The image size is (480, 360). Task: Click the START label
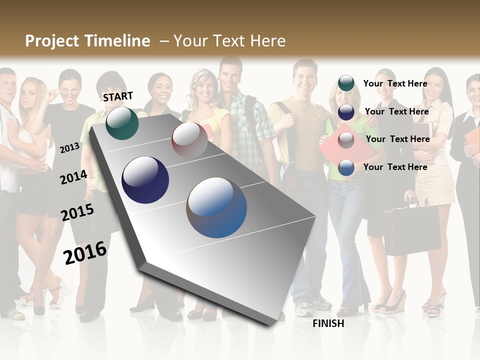118,96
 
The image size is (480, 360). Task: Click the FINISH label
328,323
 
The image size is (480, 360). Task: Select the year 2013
70,147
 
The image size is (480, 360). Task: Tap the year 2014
73,177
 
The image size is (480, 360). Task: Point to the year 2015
77,212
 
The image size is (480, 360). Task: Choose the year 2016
85,252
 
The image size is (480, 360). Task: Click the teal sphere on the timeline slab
122,123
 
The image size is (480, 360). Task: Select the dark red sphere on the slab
189,139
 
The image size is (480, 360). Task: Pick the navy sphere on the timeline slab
145,180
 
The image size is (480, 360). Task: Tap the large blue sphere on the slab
216,207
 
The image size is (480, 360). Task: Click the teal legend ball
346,83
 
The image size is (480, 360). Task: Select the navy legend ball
346,111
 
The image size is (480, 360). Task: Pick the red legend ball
346,140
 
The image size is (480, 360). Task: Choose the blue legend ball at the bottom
346,167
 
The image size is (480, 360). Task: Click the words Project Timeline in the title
87,41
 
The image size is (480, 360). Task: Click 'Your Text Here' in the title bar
229,41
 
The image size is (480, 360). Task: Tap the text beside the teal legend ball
395,83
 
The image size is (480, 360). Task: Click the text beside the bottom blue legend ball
395,167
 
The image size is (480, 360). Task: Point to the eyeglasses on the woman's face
70,90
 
